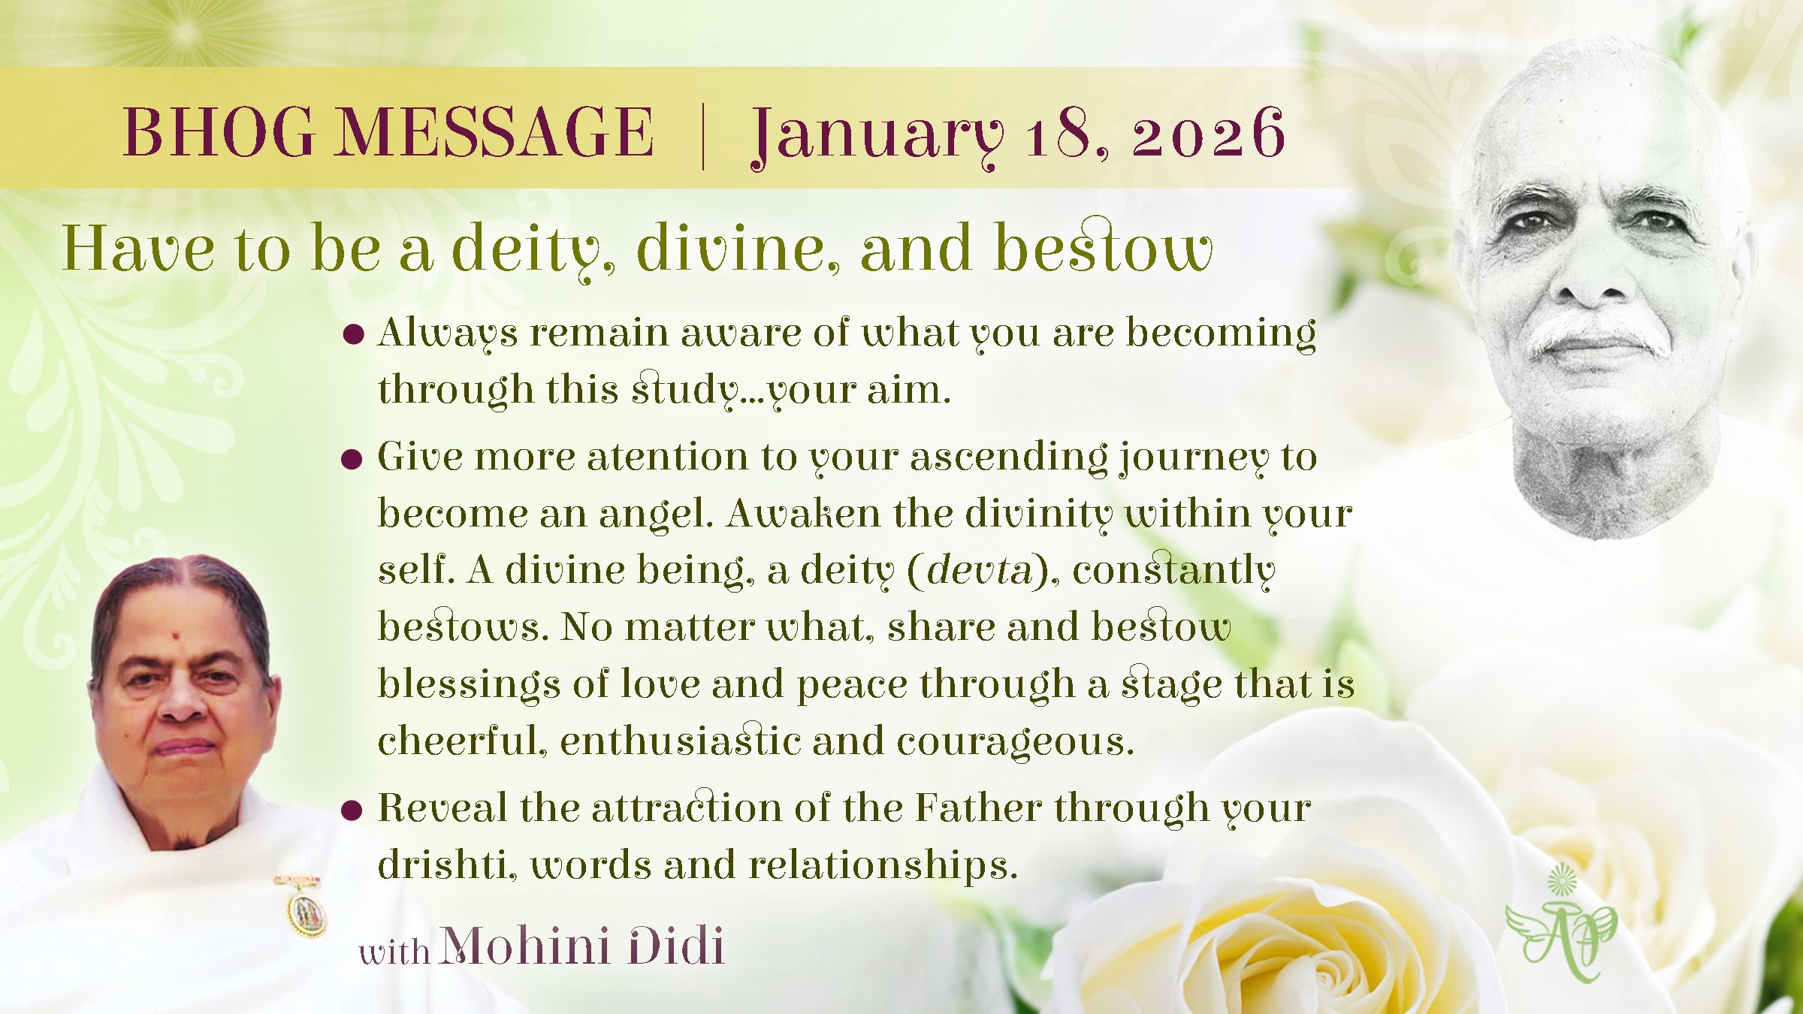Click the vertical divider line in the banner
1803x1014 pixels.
pos(703,135)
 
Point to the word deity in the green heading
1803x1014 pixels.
pos(532,249)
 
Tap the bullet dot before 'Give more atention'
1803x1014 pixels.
pos(352,458)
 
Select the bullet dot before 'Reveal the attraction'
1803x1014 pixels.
pos(352,810)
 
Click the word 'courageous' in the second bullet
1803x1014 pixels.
pos(1014,742)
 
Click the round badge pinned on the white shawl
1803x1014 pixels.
pos(306,910)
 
